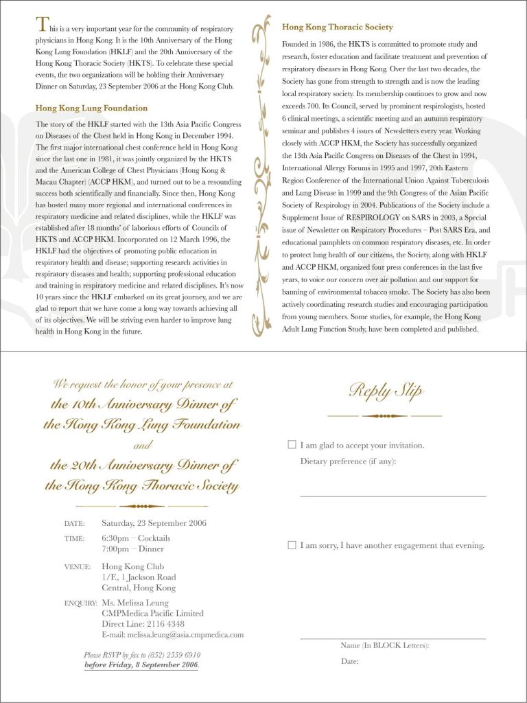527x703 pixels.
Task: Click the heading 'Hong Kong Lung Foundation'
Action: (x=91, y=108)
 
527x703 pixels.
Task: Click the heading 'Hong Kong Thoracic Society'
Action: (x=337, y=27)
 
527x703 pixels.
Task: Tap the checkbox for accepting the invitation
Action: (x=292, y=445)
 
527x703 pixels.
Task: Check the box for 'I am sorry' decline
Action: (x=292, y=545)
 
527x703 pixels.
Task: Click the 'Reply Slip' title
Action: (x=385, y=391)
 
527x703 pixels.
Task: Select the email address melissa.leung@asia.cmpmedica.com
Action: (x=172, y=635)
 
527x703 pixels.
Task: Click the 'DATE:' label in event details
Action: (x=74, y=524)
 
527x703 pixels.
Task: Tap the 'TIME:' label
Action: (x=74, y=539)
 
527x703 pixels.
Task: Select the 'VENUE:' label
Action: (x=77, y=567)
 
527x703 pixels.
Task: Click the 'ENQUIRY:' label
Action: (x=80, y=603)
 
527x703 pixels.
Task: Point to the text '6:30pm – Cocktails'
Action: (x=136, y=538)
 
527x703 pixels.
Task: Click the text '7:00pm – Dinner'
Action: (x=132, y=549)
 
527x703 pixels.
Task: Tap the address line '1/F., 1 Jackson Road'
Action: (x=139, y=577)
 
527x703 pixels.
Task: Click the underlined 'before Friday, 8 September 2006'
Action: (x=141, y=665)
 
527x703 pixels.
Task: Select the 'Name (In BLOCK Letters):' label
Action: (x=384, y=645)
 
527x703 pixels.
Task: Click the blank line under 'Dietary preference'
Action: (x=393, y=495)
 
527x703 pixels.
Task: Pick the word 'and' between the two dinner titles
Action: (x=141, y=446)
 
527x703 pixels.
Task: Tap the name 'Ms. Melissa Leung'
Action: (x=136, y=603)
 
